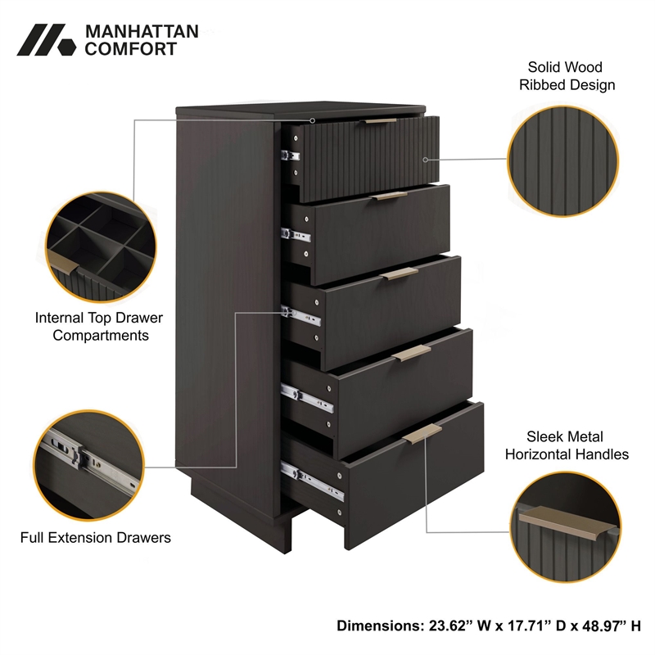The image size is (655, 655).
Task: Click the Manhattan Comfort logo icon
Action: point(47,39)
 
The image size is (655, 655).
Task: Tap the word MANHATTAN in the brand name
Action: point(142,32)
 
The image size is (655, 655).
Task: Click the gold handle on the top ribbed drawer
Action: point(378,121)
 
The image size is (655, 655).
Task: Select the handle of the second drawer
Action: point(388,196)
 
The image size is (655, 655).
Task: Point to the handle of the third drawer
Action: point(399,273)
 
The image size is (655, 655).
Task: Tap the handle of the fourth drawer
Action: point(412,353)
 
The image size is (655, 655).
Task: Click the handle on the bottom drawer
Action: point(422,434)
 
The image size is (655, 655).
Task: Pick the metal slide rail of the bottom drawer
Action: point(312,481)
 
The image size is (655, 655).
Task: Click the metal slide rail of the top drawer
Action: point(291,156)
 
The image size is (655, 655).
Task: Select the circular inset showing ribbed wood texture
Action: point(562,161)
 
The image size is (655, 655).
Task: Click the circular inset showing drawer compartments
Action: point(101,247)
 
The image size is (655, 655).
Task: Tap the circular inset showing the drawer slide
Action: point(88,465)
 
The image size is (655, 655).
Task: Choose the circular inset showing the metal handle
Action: point(565,526)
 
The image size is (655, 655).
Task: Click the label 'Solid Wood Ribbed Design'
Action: point(567,75)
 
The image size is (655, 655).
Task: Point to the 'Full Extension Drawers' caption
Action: point(96,537)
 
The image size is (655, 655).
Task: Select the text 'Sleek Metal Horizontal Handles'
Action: point(567,445)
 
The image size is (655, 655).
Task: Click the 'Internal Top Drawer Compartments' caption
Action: point(99,326)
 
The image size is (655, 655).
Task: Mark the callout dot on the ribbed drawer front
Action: point(425,160)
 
